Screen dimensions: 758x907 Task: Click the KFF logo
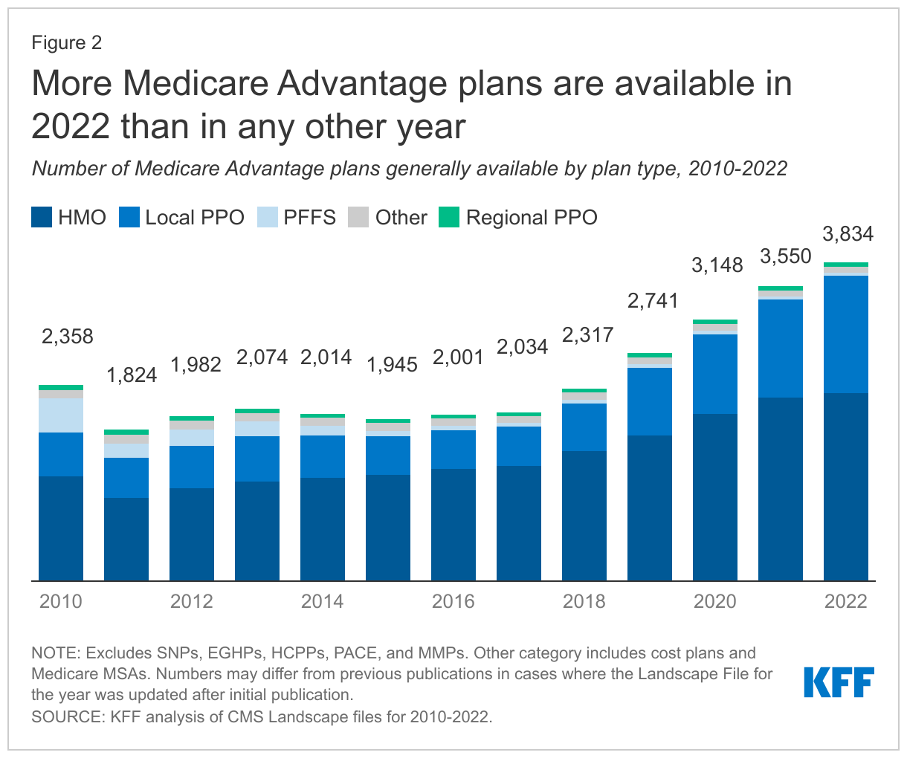[x=838, y=682]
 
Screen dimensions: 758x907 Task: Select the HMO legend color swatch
[x=42, y=218]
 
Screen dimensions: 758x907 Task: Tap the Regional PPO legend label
[x=532, y=218]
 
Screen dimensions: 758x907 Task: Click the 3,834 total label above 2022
[x=848, y=235]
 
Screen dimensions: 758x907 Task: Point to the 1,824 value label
[x=132, y=375]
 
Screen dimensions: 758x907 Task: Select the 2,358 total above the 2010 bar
[x=68, y=337]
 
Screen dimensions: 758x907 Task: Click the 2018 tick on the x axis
[x=584, y=601]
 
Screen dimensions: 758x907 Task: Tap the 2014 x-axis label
[x=323, y=601]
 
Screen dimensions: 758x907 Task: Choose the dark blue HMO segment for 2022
[x=846, y=487]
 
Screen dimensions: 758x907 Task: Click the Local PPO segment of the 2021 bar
[x=781, y=349]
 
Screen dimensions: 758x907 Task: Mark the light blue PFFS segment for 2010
[x=61, y=415]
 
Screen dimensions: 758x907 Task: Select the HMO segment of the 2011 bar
[x=126, y=539]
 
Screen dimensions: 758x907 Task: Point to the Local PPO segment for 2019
[x=650, y=401]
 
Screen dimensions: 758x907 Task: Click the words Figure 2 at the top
[x=66, y=43]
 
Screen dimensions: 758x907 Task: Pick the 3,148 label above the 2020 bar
[x=717, y=265]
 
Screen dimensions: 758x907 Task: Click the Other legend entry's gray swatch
[x=358, y=218]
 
